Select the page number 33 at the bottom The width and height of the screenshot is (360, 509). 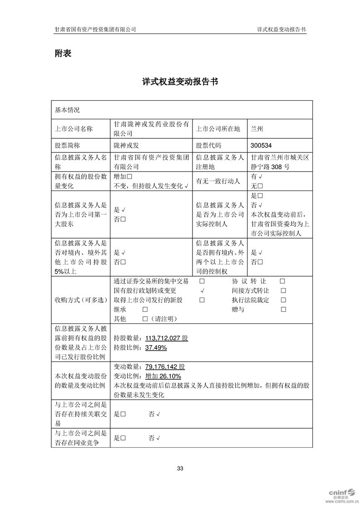pos(180,468)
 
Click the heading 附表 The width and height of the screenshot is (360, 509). pos(63,53)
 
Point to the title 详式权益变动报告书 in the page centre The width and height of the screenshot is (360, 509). pos(180,82)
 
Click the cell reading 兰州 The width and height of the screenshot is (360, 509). pos(256,129)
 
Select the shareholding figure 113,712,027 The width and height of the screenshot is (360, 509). pos(163,338)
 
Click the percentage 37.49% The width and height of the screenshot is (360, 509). pos(156,348)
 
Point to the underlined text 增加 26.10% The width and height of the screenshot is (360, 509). pos(163,376)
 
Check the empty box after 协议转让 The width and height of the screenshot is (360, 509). pos(282,281)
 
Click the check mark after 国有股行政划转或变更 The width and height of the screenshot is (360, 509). pos(202,291)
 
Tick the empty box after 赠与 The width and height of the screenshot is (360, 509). pos(283,309)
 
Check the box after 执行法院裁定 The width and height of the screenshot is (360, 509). pos(283,300)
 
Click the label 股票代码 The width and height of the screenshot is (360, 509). pos(208,146)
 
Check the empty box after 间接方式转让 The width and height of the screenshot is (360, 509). pos(283,291)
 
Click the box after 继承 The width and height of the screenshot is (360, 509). pos(145,309)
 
